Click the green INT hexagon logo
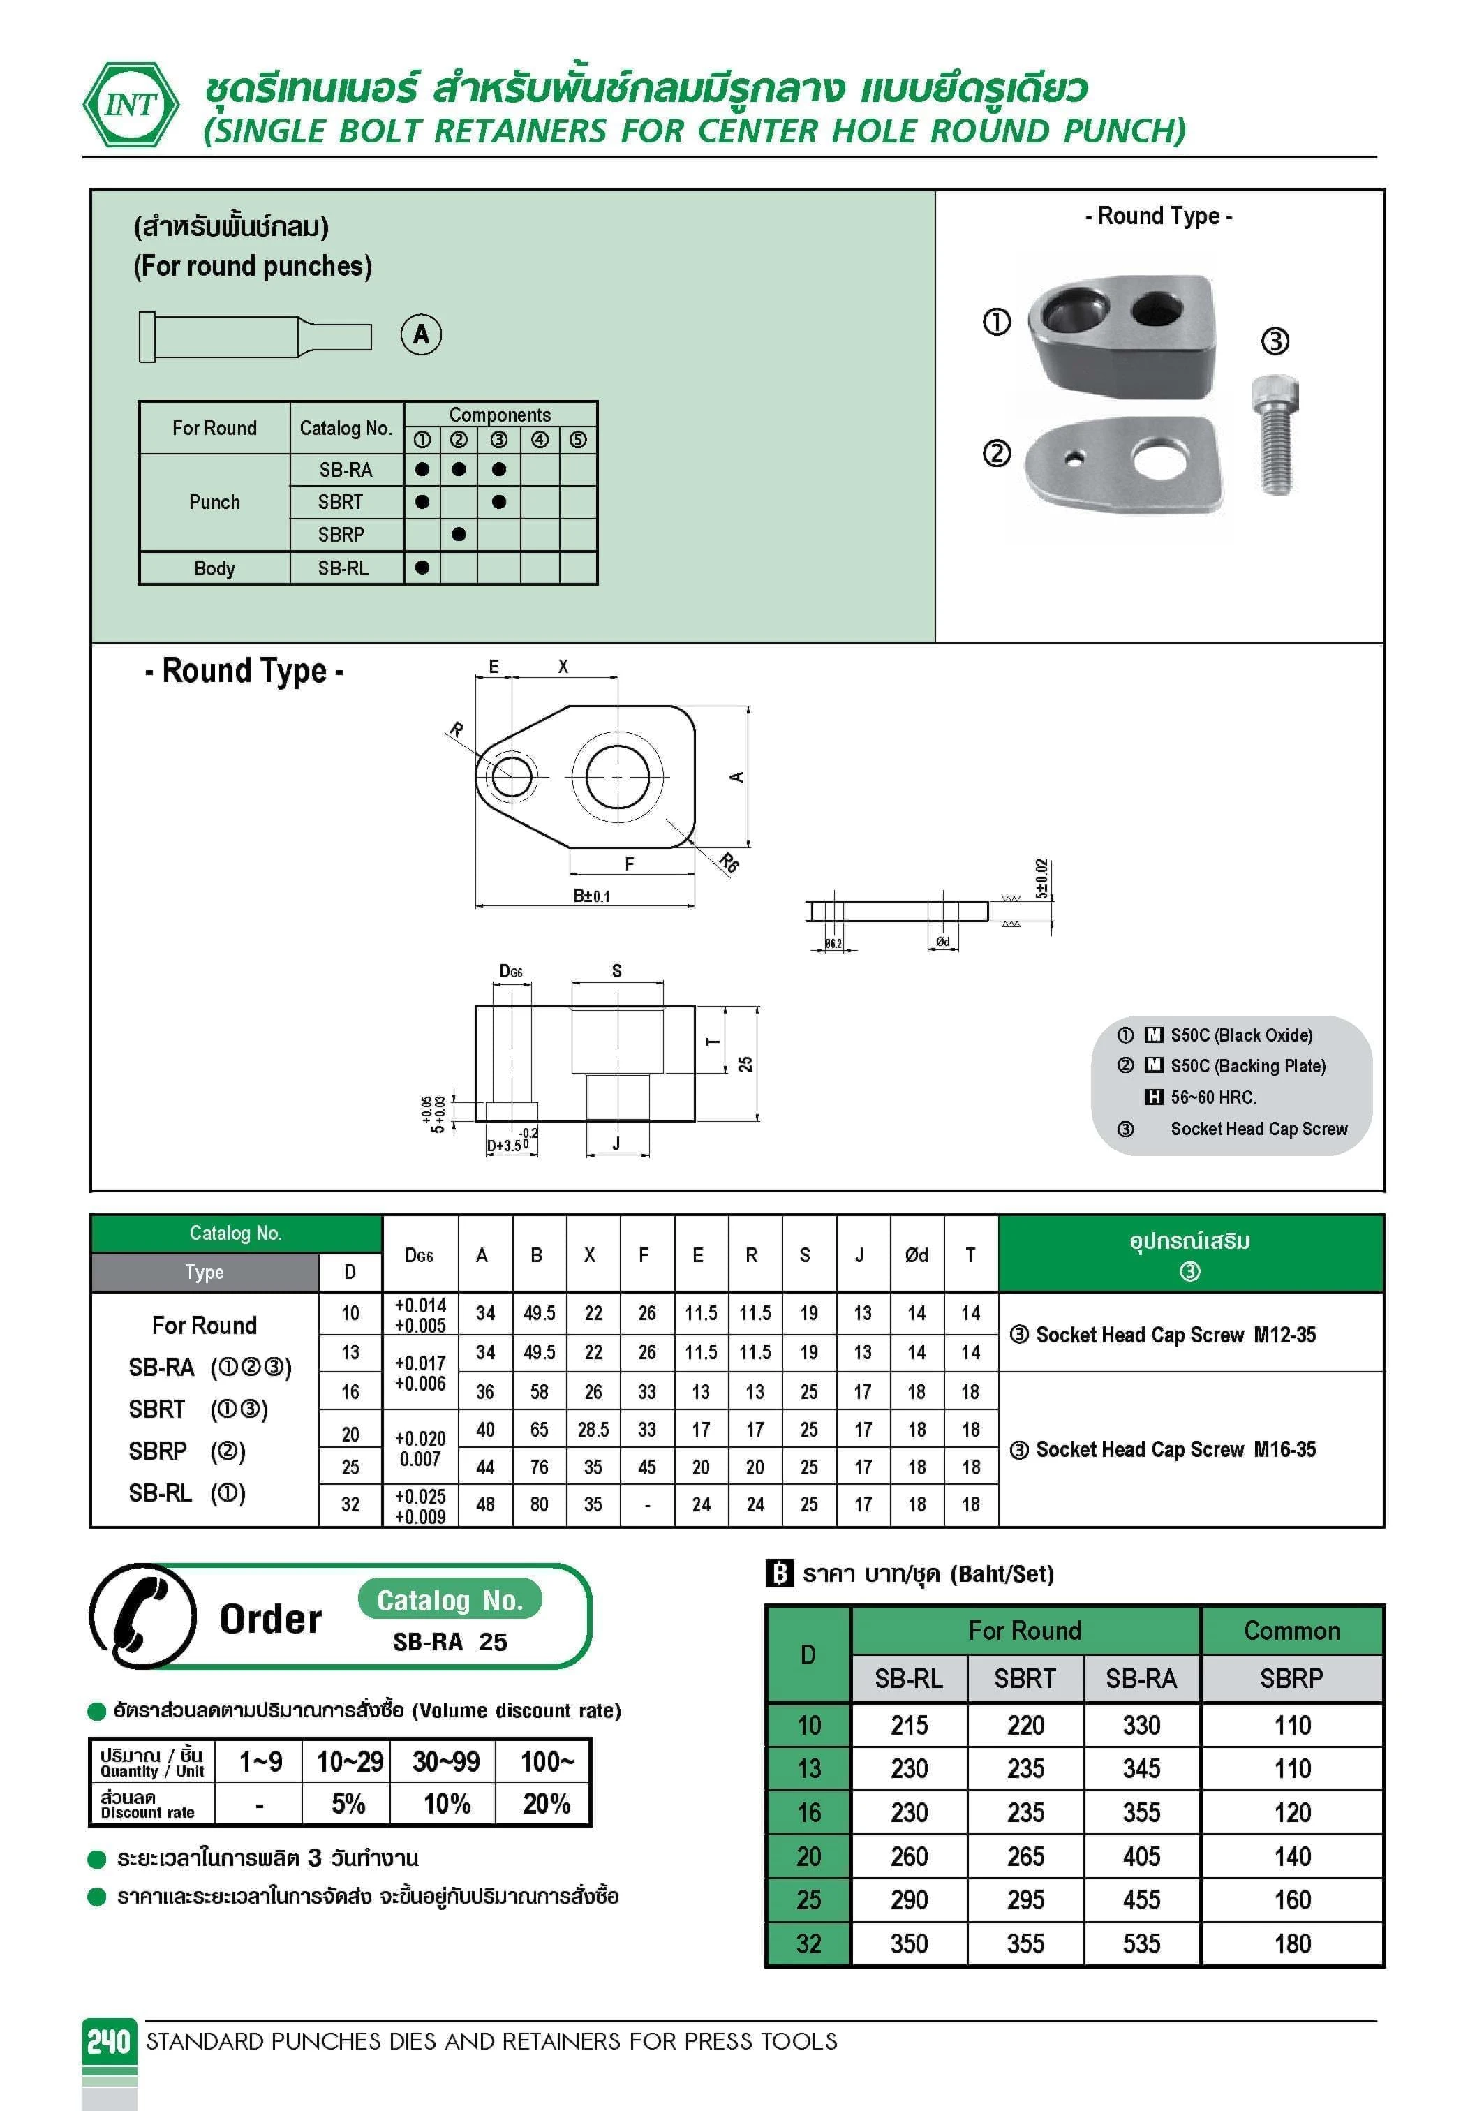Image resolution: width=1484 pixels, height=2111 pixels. pos(131,105)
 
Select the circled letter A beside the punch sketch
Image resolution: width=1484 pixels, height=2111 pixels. pos(421,334)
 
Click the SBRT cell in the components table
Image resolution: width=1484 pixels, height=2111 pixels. pos(341,502)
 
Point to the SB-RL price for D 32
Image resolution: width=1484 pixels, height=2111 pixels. pos(908,1943)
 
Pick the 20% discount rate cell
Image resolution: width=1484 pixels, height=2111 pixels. pos(546,1803)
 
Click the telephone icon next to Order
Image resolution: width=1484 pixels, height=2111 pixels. pos(143,1616)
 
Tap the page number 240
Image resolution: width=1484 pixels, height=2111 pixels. pos(108,2041)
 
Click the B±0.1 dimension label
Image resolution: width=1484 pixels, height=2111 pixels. pos(591,896)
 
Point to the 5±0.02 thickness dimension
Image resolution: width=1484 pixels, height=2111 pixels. pos(1041,879)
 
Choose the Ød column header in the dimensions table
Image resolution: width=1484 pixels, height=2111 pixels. pos(916,1255)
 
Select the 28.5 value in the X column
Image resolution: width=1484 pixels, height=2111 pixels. pos(593,1430)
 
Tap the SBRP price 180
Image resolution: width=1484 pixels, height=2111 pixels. pos(1292,1943)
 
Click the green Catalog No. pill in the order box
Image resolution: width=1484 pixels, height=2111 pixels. pos(450,1601)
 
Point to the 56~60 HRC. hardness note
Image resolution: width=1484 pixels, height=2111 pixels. pos(1212,1097)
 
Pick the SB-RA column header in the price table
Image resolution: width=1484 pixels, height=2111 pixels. pos(1141,1679)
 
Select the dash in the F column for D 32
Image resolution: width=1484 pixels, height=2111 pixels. pos(647,1505)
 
